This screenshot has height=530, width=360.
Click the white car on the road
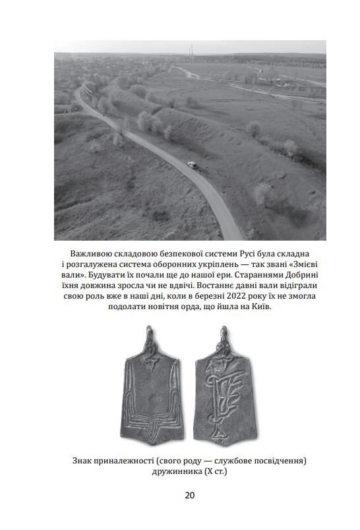[191, 164]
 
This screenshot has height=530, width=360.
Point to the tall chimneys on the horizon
[191, 49]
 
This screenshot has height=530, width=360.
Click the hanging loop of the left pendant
[150, 332]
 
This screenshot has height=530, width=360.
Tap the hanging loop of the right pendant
[224, 332]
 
